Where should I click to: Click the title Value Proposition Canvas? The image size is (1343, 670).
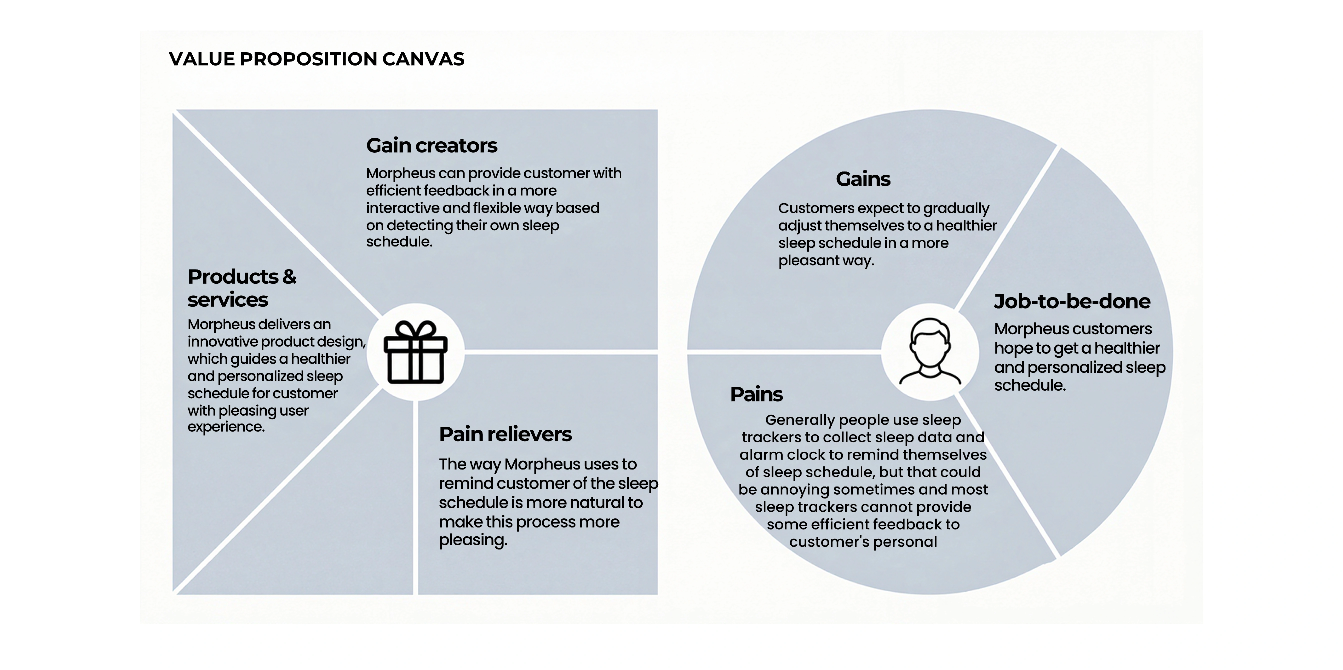[316, 59]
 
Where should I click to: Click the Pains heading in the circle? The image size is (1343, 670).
[756, 394]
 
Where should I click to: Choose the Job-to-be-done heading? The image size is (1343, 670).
[1072, 301]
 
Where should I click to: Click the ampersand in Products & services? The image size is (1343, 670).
[289, 277]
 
